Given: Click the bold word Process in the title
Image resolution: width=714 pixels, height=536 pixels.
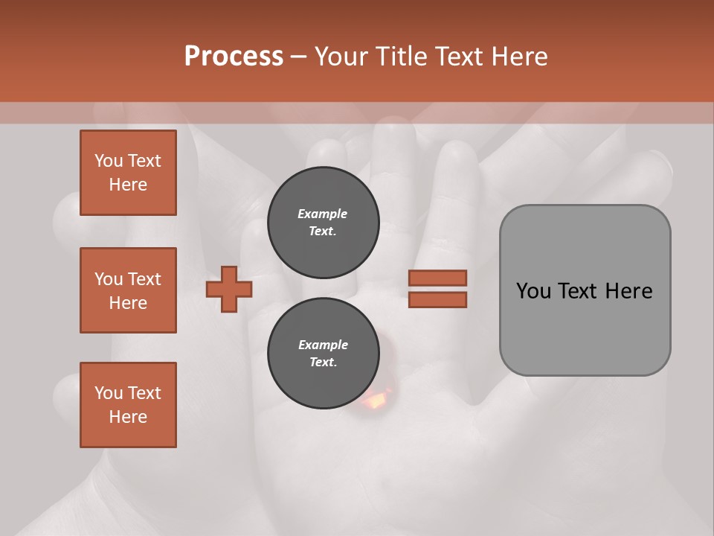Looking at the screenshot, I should point(234,57).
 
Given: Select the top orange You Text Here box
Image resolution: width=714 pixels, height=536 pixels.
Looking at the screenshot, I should point(128,173).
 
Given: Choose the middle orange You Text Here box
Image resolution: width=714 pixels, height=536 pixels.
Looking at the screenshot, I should point(128,290).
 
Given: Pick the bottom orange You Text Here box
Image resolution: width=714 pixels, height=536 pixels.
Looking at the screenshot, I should point(128,405).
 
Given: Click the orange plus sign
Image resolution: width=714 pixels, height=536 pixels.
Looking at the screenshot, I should point(229,289).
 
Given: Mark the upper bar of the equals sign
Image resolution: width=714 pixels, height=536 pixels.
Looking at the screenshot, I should point(437,278).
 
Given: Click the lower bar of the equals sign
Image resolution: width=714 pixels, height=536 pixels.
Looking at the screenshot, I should point(437,299).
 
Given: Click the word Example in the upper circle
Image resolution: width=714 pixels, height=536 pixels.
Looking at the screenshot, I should point(323,214).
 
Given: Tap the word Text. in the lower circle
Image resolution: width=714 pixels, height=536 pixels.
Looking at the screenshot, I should point(323,363).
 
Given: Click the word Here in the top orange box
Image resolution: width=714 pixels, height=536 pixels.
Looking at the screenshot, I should point(128,185).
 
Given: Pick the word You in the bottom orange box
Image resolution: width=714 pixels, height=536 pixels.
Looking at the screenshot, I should point(108,393).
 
